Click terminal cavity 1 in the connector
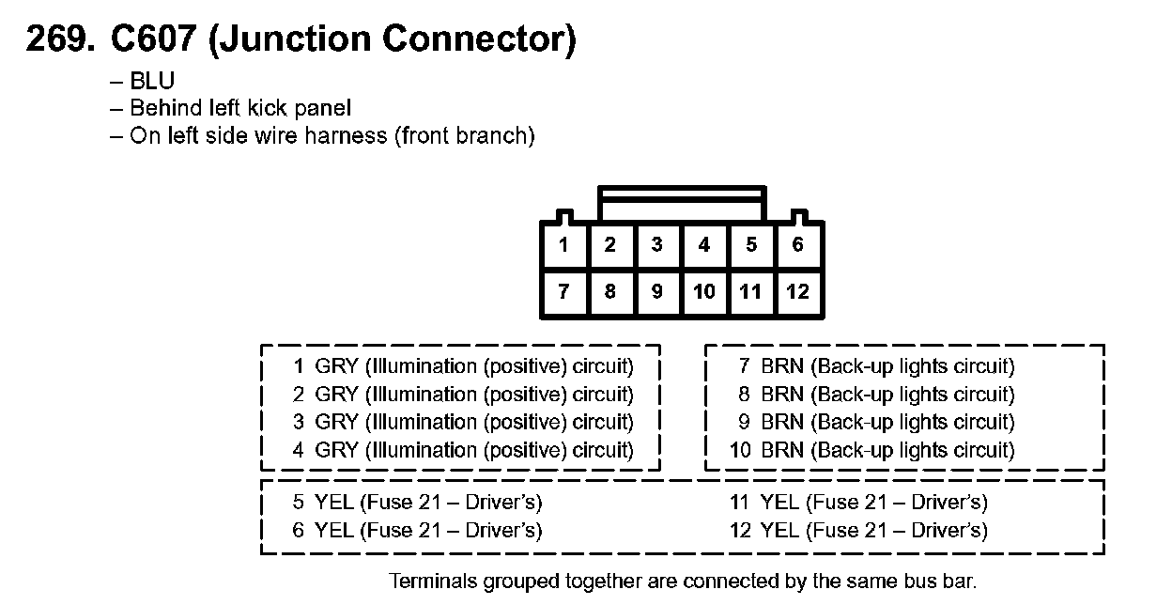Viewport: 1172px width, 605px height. (x=564, y=245)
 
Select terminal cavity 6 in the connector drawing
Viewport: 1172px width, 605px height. (x=798, y=245)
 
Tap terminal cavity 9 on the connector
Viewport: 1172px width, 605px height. (x=657, y=292)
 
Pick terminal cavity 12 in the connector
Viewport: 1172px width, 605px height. (x=798, y=292)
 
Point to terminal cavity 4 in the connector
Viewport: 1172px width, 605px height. (x=704, y=245)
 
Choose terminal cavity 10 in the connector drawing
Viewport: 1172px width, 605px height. (x=704, y=292)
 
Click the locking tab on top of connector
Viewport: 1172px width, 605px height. (x=683, y=203)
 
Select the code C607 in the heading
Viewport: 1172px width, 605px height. (x=153, y=39)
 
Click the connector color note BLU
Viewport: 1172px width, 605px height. (x=152, y=81)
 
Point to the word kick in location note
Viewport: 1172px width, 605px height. (x=267, y=108)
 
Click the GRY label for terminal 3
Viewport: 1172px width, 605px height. (x=336, y=422)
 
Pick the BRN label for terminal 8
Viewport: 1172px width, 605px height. (x=782, y=394)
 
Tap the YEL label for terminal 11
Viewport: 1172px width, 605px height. (x=779, y=503)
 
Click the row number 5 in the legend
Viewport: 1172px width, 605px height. (x=299, y=503)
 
